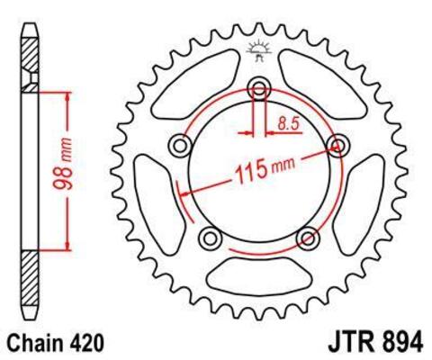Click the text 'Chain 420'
[55, 343]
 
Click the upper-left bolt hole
[184, 145]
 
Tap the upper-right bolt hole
[338, 145]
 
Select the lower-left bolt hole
[212, 237]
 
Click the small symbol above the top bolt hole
[260, 52]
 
